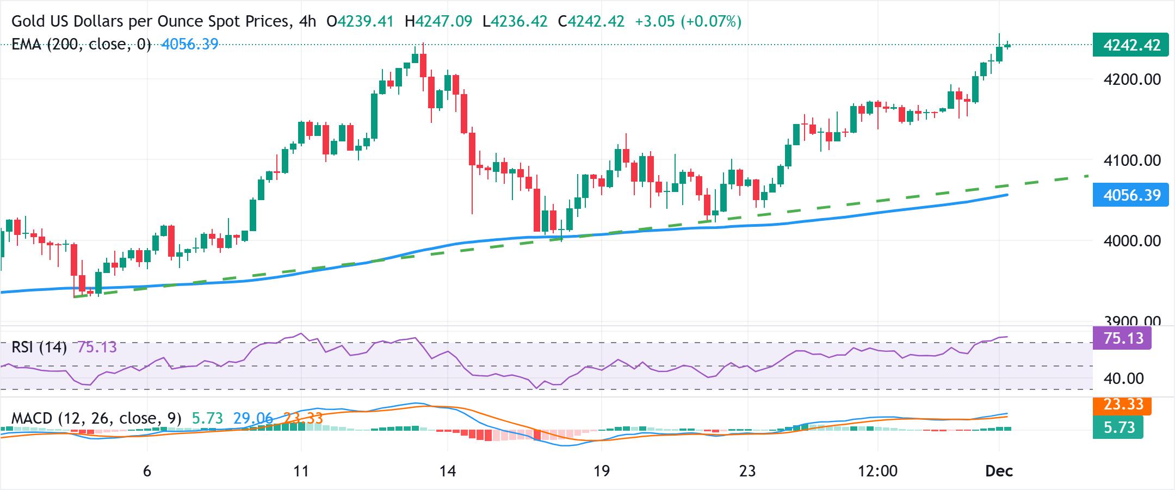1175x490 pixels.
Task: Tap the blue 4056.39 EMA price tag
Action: (x=1130, y=195)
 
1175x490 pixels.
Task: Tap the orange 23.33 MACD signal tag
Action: (x=1122, y=405)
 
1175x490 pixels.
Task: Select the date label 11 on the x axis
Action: (x=301, y=471)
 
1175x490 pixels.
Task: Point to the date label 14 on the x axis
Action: (x=447, y=471)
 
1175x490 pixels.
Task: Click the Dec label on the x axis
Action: (x=999, y=471)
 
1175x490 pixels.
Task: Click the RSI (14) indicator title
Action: (x=39, y=347)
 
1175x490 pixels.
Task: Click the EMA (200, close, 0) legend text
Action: (x=81, y=45)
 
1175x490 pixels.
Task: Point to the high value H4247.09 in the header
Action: (x=438, y=22)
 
